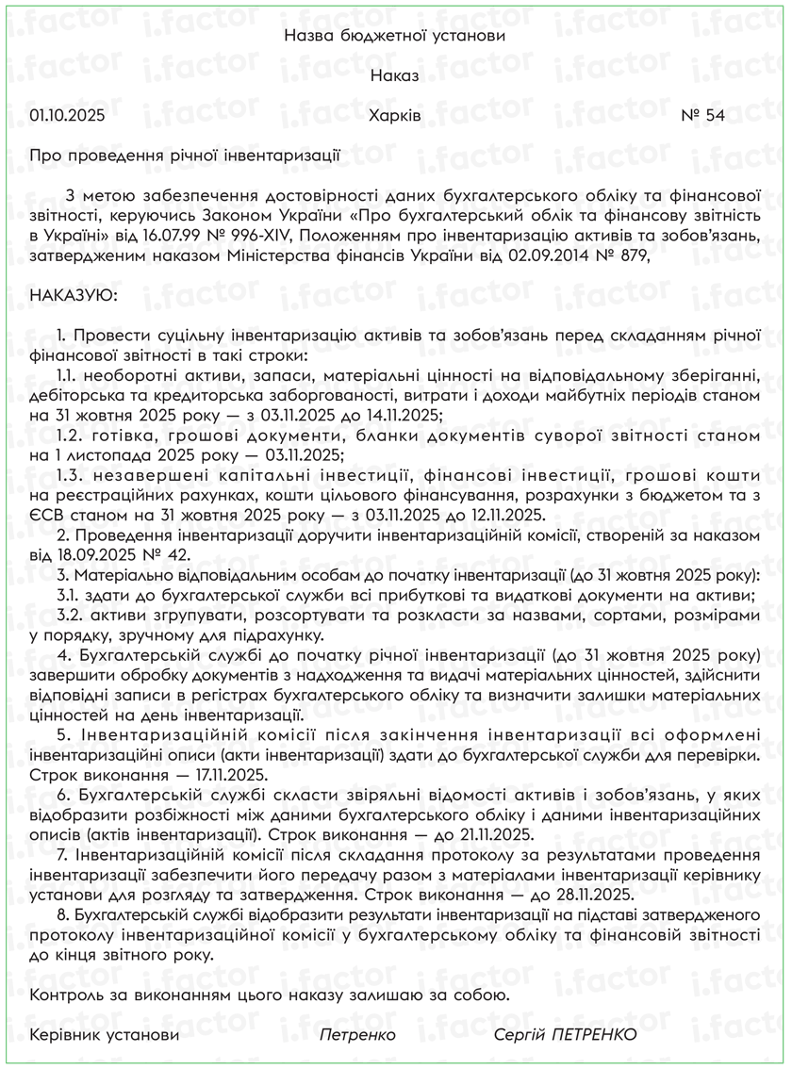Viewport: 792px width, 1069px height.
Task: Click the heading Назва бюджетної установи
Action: (x=395, y=36)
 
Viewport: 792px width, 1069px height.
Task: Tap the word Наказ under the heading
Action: (x=395, y=75)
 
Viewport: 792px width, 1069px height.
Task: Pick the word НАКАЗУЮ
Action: (x=74, y=295)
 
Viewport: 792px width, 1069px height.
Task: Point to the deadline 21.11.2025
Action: (x=492, y=835)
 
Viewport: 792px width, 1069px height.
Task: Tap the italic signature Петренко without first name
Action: (x=357, y=1035)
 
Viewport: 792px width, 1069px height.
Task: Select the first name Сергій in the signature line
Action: (x=520, y=1035)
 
